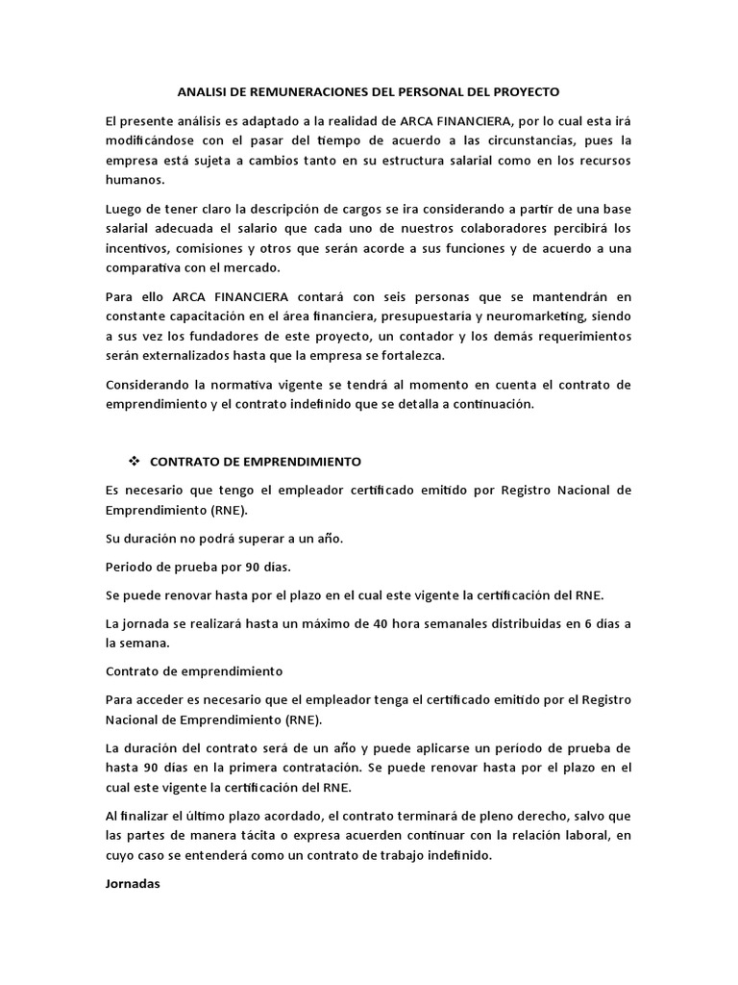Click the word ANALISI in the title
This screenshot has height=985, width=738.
[x=204, y=91]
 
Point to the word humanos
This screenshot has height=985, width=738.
[x=134, y=181]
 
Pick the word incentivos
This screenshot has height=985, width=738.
[x=137, y=248]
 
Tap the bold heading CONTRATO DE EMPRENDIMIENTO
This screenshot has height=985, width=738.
[x=255, y=462]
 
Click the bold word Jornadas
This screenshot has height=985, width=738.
[x=134, y=884]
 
